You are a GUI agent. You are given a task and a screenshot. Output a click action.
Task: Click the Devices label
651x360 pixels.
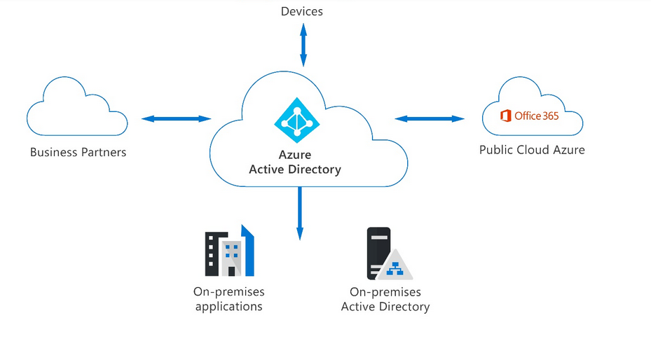(x=302, y=11)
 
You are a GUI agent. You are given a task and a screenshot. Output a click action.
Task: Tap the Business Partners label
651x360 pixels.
(x=78, y=151)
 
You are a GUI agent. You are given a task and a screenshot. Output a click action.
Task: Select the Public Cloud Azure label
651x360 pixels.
(x=532, y=149)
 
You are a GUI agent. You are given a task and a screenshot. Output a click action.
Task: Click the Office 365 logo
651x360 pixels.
(x=530, y=116)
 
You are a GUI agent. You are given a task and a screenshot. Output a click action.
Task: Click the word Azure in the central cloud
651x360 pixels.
(x=295, y=155)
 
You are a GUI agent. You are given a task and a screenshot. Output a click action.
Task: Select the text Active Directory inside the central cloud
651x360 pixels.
(x=295, y=169)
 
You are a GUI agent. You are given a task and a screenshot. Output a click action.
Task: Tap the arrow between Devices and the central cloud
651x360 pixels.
(x=303, y=44)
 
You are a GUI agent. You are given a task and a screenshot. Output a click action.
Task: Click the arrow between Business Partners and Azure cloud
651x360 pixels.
(x=176, y=118)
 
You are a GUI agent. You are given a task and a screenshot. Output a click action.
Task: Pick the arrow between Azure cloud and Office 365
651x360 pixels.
(x=430, y=118)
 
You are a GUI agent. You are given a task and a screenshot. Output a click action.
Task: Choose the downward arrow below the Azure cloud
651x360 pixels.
(x=300, y=213)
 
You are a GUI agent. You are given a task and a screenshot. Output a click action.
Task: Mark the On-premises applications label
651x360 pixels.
(x=229, y=299)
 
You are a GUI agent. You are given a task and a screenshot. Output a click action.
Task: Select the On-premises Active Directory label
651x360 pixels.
(x=385, y=299)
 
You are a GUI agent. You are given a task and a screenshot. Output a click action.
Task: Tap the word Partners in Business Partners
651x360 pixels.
(x=103, y=151)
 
